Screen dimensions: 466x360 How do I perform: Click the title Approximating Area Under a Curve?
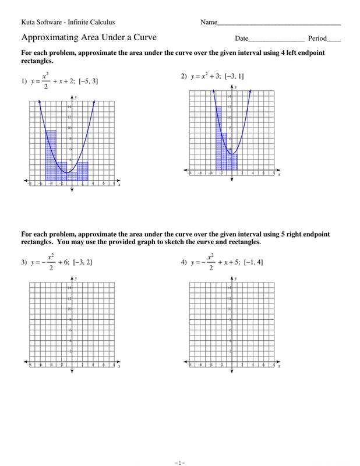pyautogui.click(x=89, y=38)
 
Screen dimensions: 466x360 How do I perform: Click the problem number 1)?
pyautogui.click(x=24, y=82)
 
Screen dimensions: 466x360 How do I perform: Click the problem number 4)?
pyautogui.click(x=185, y=263)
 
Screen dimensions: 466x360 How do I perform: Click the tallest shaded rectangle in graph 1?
pyautogui.click(x=51, y=154)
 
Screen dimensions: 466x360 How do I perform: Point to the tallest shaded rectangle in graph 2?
pyautogui.click(x=218, y=137)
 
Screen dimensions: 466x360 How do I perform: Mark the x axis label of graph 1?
pyautogui.click(x=119, y=185)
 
